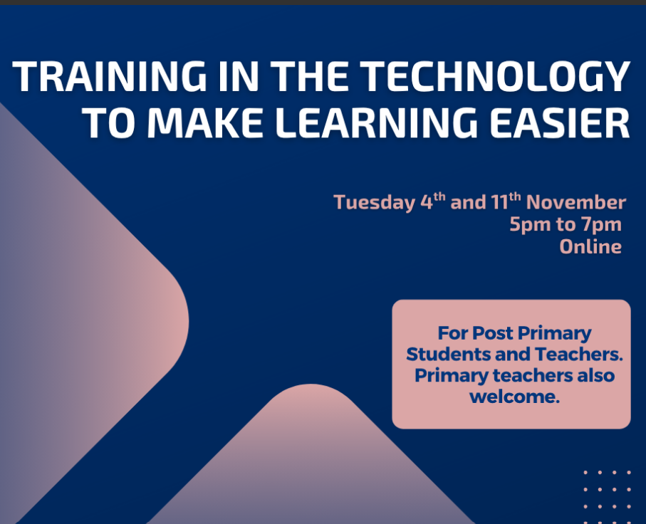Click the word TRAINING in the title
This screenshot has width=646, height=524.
(x=109, y=76)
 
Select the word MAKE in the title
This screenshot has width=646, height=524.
(x=205, y=122)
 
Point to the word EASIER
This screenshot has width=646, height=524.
(x=560, y=122)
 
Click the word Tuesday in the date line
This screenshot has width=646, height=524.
(x=374, y=203)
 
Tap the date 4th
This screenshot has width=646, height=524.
(x=433, y=201)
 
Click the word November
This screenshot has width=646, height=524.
(x=576, y=202)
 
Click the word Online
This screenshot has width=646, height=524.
(x=590, y=247)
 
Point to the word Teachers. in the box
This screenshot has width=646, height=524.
(x=579, y=355)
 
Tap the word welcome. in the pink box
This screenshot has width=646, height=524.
(x=514, y=397)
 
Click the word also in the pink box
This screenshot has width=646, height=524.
(x=595, y=375)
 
